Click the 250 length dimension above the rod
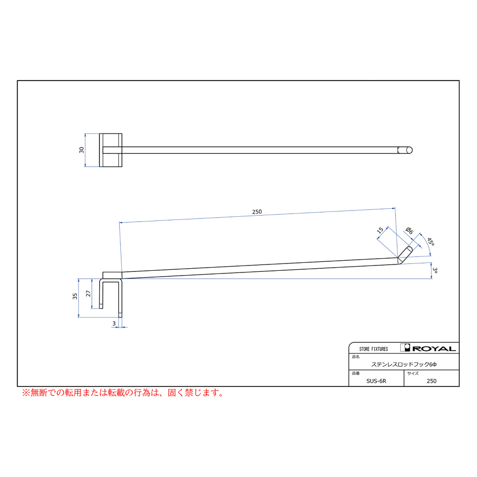257,211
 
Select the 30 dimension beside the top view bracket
82,150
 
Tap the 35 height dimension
75,296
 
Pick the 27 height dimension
88,294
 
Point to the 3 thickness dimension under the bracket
114,323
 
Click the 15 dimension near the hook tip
380,231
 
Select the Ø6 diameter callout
410,231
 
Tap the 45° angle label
430,242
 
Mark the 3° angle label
435,270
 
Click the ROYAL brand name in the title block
434,349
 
